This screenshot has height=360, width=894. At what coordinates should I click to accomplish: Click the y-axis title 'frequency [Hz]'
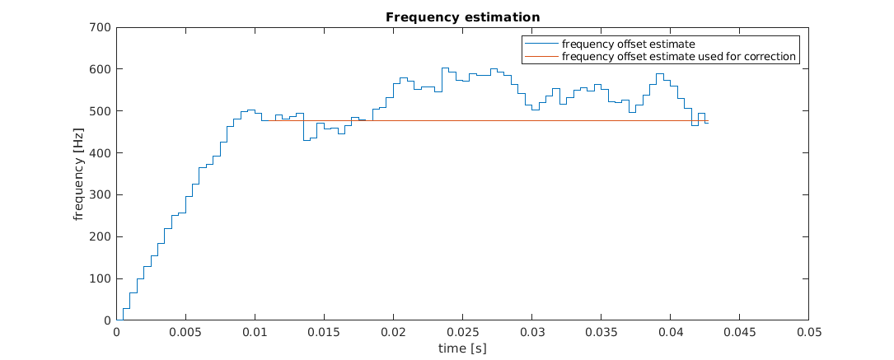click(79, 174)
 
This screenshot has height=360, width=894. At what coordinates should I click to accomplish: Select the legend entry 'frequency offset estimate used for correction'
click(678, 57)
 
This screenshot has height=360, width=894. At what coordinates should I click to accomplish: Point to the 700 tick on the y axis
click(101, 27)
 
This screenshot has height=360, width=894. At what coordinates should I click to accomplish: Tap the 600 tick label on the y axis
click(101, 69)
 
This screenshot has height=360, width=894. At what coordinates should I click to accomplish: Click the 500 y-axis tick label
click(101, 111)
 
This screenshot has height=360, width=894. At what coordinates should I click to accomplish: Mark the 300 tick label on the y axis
click(101, 195)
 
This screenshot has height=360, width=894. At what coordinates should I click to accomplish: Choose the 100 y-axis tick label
click(101, 278)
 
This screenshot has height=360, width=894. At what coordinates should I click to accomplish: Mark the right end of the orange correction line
click(708, 121)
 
